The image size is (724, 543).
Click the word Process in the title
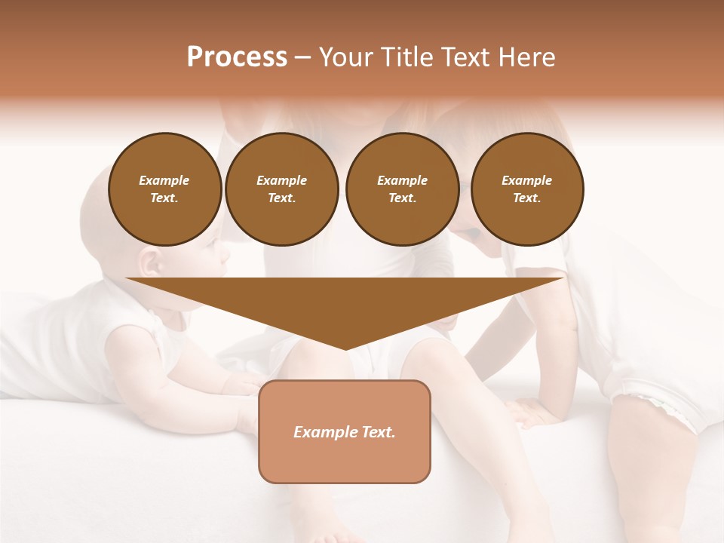237,57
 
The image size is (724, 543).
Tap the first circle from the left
164,189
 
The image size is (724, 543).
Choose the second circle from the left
281,189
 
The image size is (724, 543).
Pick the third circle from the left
402,189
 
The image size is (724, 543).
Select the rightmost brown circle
526,189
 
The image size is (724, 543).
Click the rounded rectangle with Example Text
345,431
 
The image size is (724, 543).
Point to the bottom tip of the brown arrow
345,349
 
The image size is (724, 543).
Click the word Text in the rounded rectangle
379,432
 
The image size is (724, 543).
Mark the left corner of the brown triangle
127,279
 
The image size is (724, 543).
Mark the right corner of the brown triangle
563,279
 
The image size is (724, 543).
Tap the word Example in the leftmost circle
164,180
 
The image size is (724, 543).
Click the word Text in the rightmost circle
526,198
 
